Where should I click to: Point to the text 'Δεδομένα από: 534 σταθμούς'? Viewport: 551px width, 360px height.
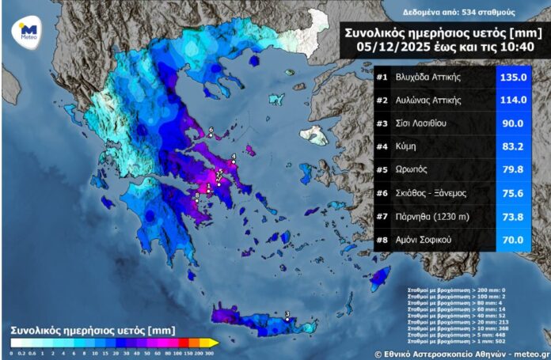447,13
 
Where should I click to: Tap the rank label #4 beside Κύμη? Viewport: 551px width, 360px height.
382,147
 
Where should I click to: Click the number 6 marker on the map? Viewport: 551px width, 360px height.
211,131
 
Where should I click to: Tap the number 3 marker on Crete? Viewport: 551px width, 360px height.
287,316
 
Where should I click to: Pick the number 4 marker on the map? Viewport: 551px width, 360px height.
234,157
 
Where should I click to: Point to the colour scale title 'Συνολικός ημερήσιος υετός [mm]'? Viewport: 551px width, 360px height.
93,328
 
